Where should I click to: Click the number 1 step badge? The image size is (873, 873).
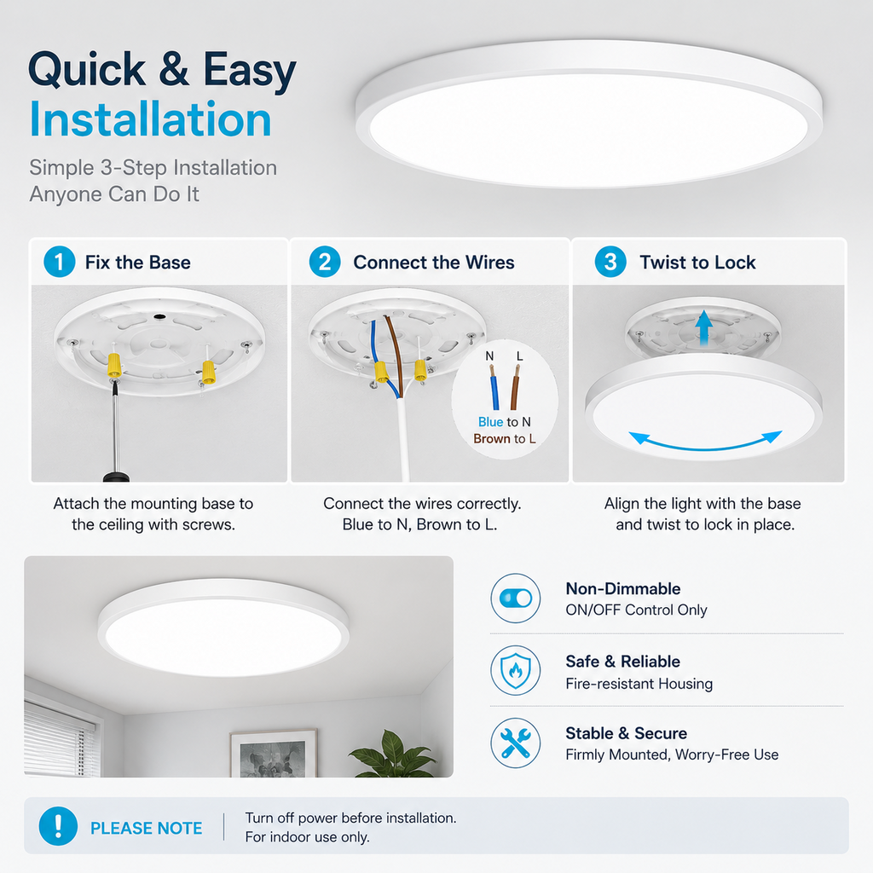coord(59,262)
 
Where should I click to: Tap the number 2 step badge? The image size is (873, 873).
coord(325,262)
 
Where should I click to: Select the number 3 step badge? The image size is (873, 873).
coord(610,262)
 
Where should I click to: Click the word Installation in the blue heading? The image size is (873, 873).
coord(150,119)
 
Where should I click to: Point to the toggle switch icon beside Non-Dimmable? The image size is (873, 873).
coord(516,598)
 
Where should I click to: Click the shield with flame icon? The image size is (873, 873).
coord(516,670)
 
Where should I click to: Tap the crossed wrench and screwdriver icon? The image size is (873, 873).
coord(516,743)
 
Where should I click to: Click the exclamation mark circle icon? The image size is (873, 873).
coord(58,826)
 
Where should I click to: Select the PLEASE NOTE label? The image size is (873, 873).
coord(146,828)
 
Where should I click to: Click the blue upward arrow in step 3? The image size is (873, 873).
coord(704,327)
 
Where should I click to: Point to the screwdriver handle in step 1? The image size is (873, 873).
coord(116,477)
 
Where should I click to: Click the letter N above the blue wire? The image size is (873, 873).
coord(489,356)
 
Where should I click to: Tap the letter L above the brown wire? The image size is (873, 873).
coord(519,356)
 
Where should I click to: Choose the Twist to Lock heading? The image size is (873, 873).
coord(697,263)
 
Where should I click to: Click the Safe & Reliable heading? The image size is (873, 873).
coord(622,662)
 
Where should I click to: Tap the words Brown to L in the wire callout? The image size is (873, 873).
coord(505,439)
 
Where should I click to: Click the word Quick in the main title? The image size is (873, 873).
coord(88,71)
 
